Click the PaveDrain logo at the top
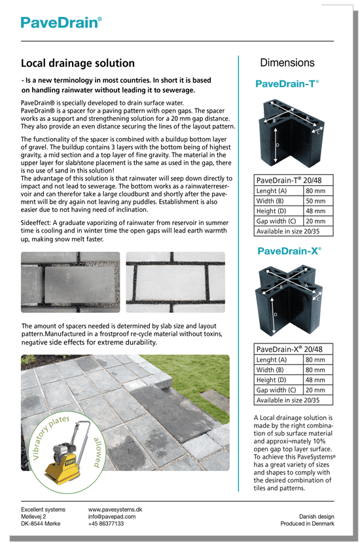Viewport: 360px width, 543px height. (61, 23)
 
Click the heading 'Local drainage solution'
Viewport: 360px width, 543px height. (78, 63)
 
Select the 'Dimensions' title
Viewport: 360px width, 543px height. (287, 63)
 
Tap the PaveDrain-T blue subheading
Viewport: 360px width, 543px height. (287, 84)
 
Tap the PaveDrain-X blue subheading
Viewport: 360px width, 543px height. (288, 251)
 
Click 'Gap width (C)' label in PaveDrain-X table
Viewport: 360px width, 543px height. (278, 390)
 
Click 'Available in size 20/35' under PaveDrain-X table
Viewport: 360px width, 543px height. (288, 400)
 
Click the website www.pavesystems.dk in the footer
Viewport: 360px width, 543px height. (116, 509)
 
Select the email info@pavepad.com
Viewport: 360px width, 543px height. (112, 516)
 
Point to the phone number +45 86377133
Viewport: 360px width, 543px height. (106, 523)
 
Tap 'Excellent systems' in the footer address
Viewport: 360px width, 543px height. (43, 509)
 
